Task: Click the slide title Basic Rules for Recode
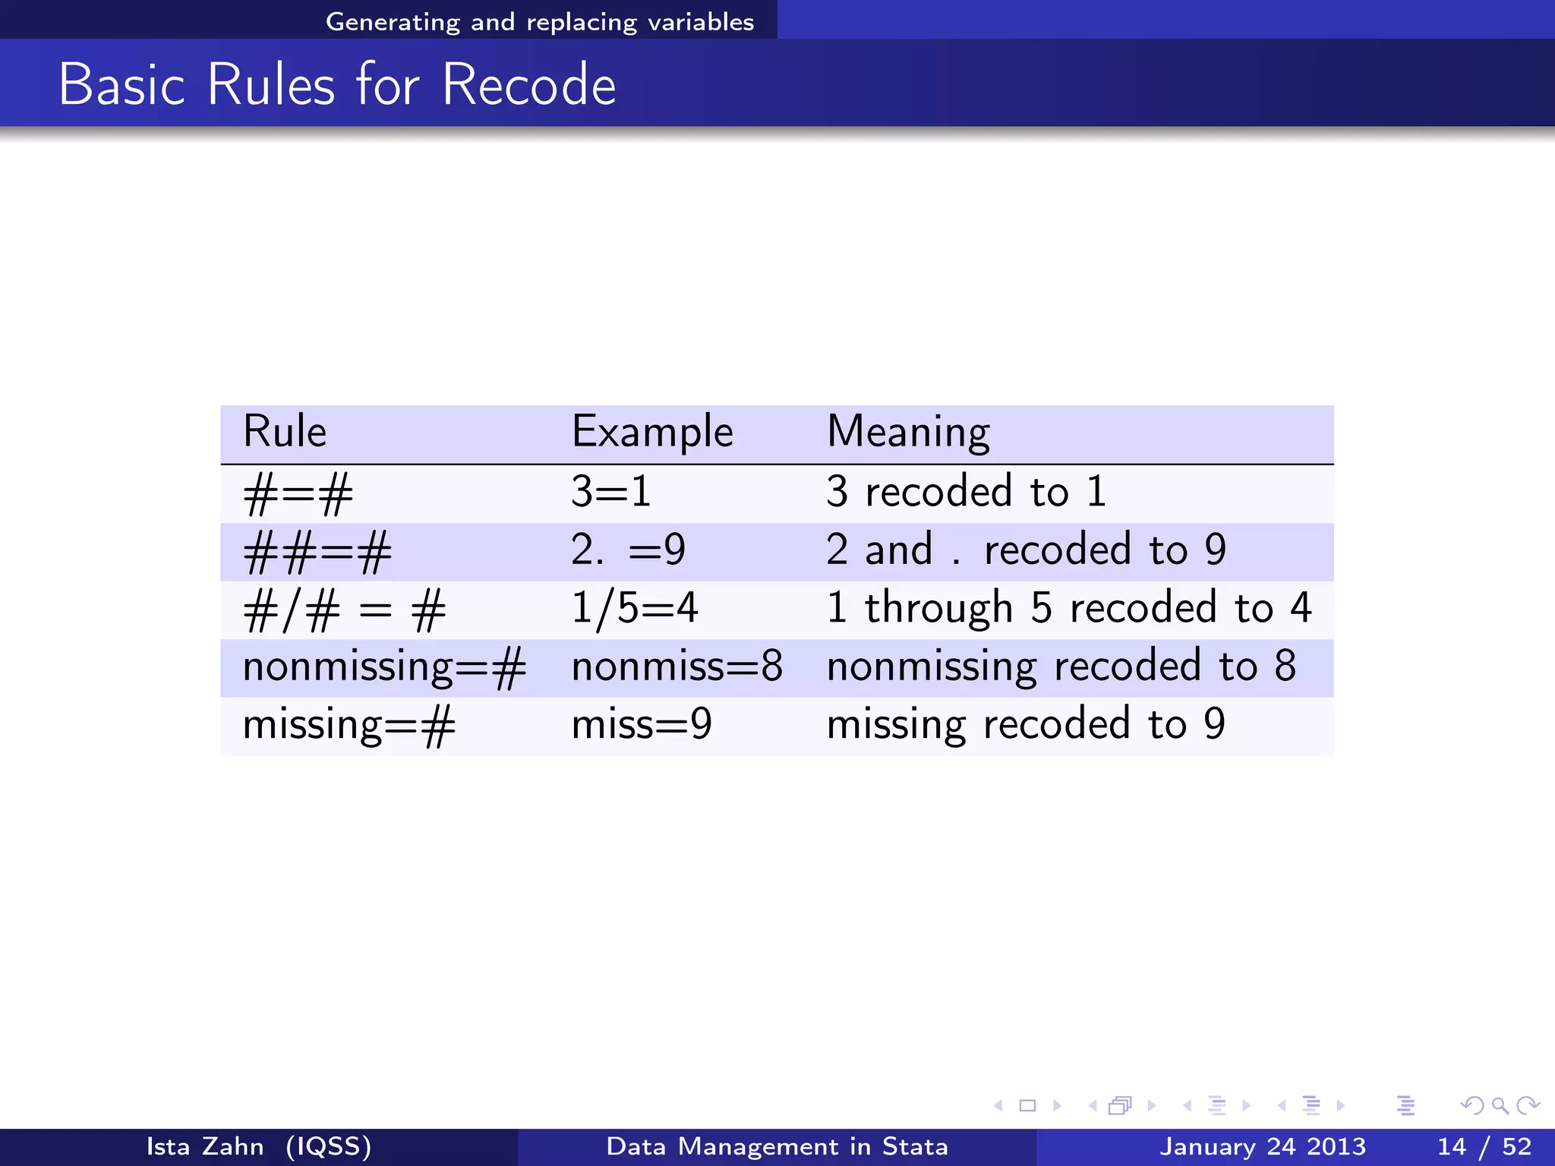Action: point(337,84)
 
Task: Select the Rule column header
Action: point(285,432)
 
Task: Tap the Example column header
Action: point(652,432)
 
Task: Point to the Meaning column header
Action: point(908,432)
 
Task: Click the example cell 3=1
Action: point(611,492)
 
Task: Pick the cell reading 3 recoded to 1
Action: point(966,492)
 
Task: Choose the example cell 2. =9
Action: point(628,550)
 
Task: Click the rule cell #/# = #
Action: point(344,610)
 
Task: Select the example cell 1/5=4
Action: point(634,609)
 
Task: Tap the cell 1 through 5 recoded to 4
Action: point(1068,609)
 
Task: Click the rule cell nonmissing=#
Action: point(384,667)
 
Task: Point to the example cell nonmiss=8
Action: point(677,667)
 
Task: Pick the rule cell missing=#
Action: point(349,726)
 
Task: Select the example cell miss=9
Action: point(642,725)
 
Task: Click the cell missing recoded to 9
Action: point(1026,725)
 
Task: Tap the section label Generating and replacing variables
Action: point(540,21)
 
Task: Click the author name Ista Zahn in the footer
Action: point(205,1146)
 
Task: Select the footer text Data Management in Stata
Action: point(777,1146)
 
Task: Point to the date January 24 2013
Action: point(1262,1146)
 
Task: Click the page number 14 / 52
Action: point(1484,1146)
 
